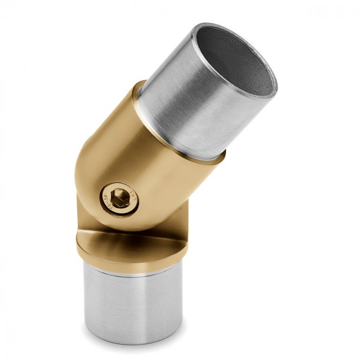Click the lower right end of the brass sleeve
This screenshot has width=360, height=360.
(201, 171)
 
